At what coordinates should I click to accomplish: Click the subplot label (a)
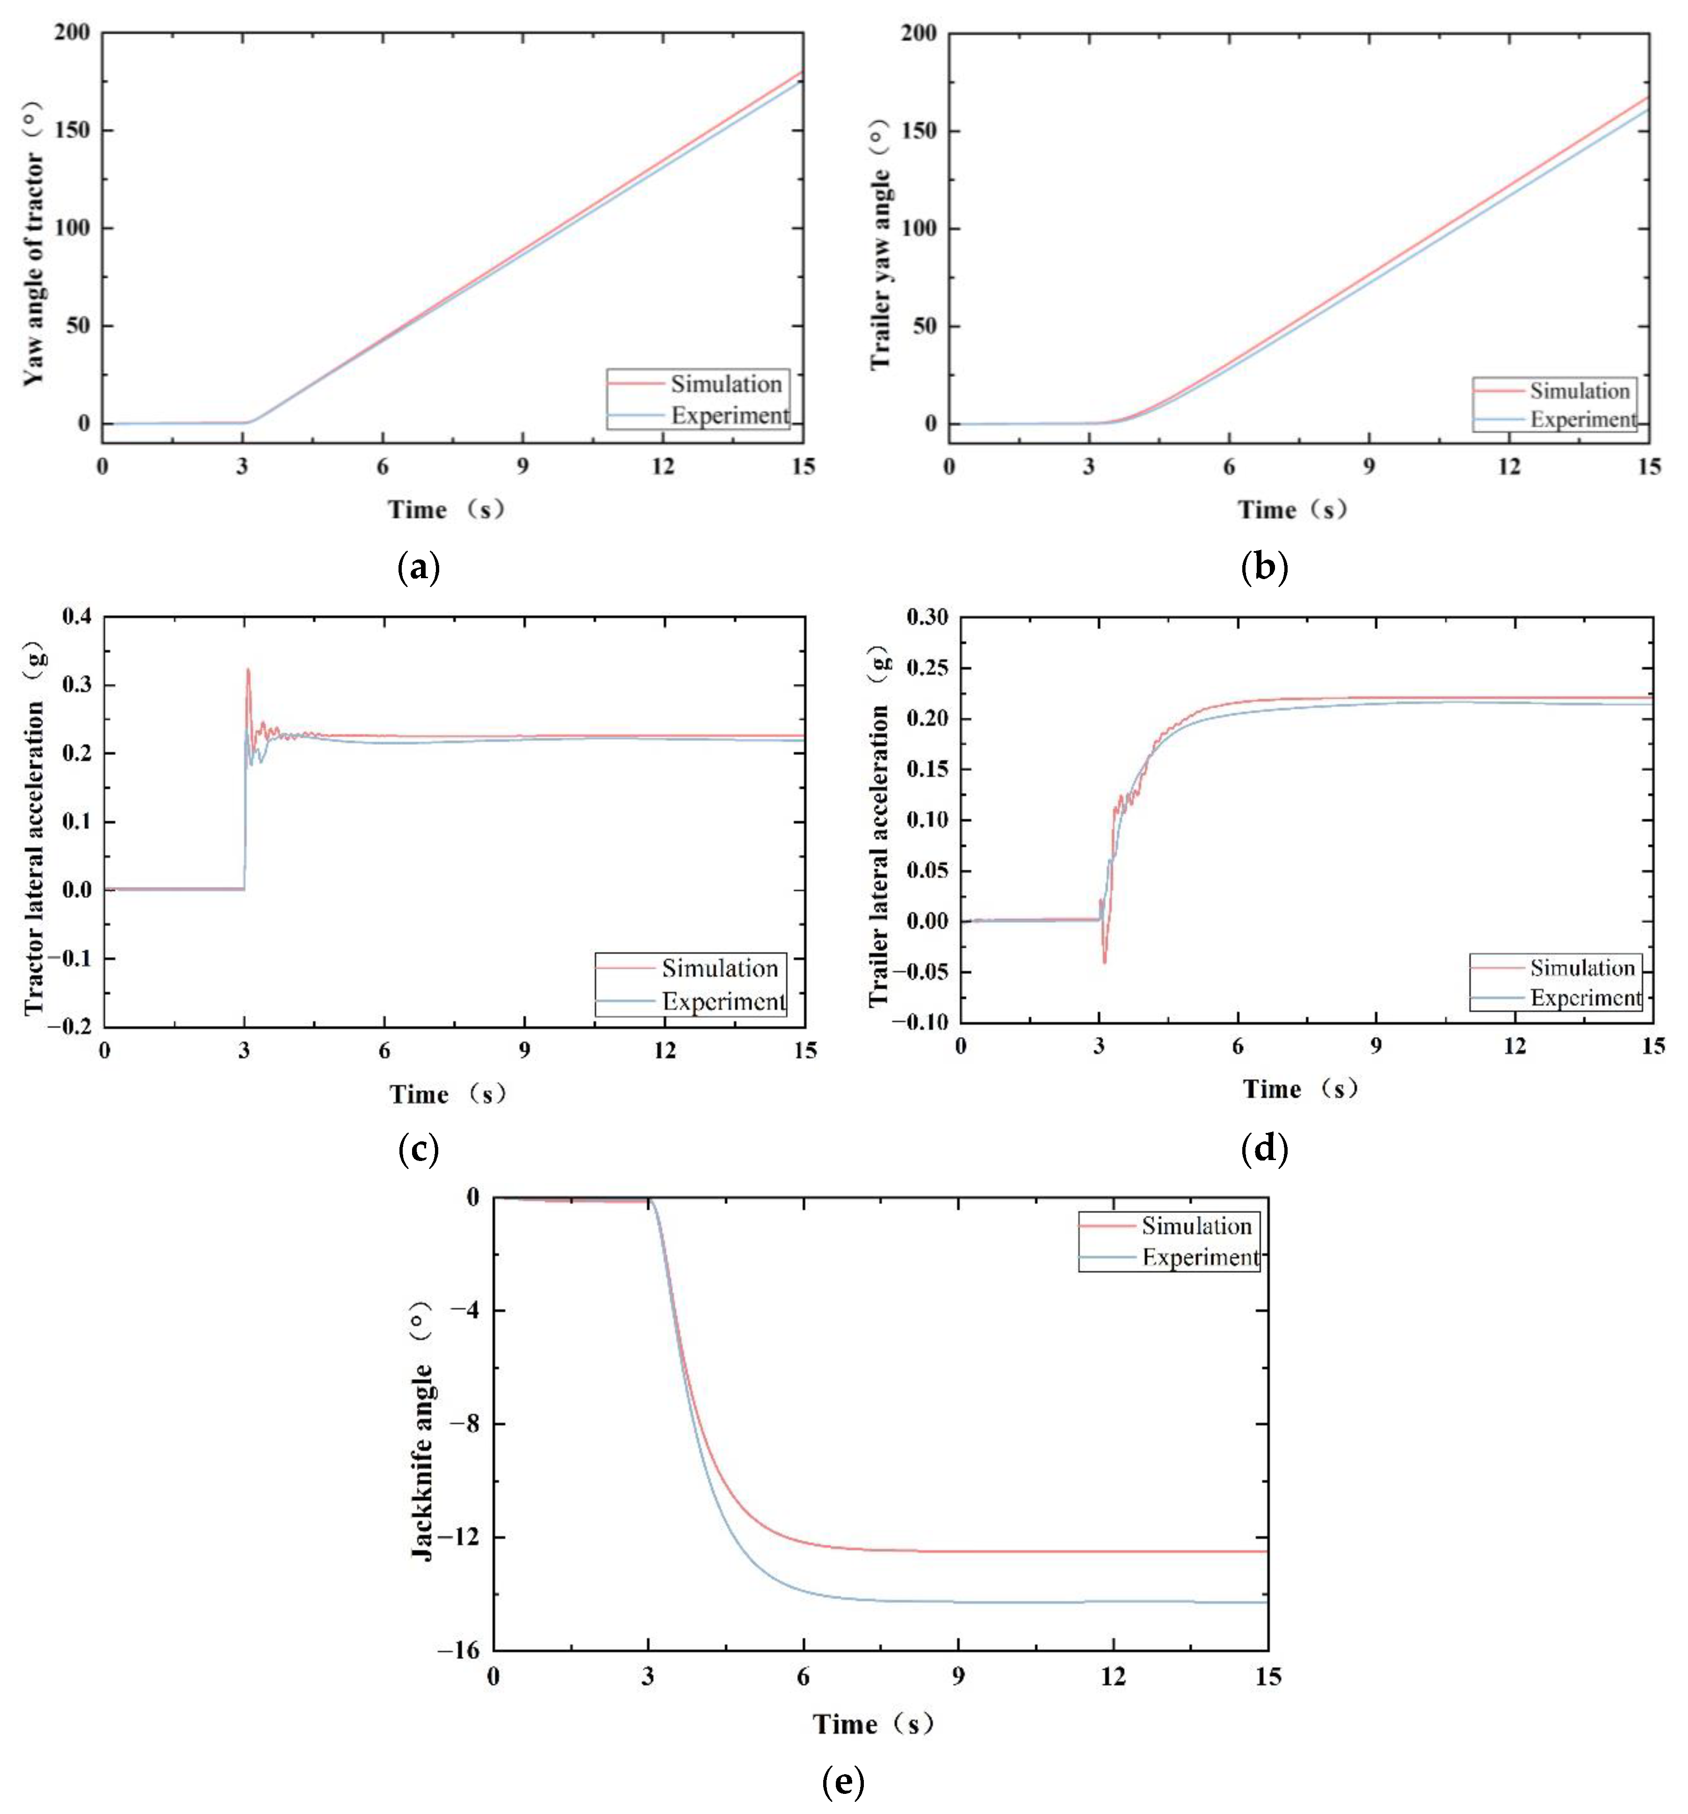coord(420,567)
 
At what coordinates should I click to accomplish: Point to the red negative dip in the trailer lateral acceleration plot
coord(1104,962)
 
